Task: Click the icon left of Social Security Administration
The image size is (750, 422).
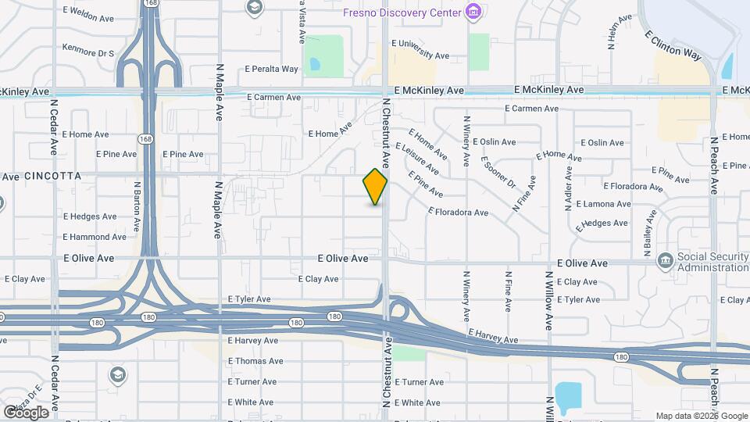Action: (665, 260)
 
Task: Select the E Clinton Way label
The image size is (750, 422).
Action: (673, 46)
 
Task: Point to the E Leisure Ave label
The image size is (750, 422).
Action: (417, 159)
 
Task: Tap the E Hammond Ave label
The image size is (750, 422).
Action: (95, 237)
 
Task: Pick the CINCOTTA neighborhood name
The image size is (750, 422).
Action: (52, 177)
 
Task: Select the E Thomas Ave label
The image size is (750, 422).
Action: (255, 361)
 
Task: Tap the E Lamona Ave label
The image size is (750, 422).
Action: (602, 204)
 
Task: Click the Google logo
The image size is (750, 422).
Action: (26, 412)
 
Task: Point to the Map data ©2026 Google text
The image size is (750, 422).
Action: (700, 416)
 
